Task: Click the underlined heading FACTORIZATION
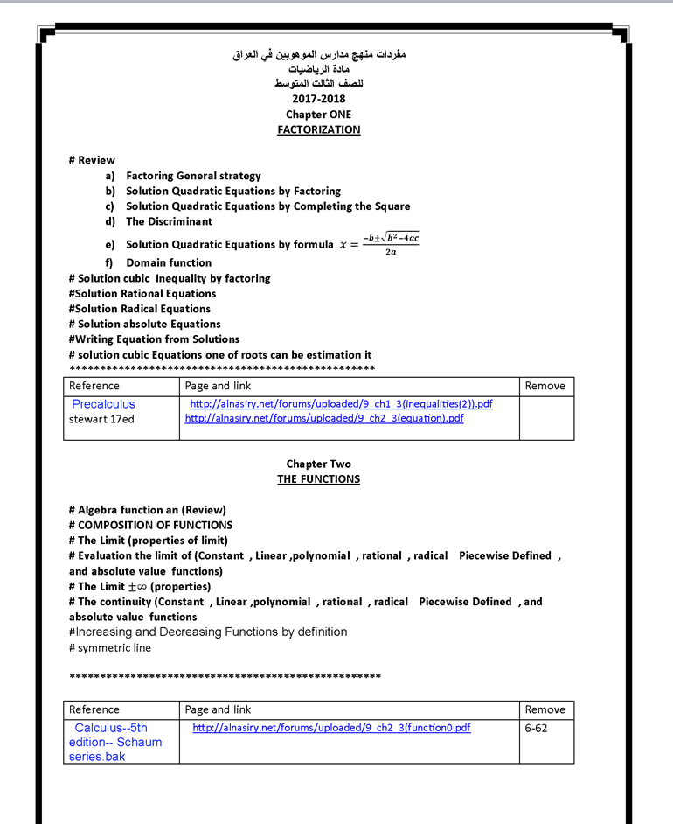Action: pos(318,129)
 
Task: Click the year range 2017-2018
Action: pos(318,99)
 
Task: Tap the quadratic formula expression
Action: pos(379,244)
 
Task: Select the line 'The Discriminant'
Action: pos(169,221)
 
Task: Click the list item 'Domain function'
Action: pos(169,262)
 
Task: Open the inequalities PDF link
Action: pos(341,404)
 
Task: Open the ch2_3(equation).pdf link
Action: pos(324,418)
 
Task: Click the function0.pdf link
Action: pos(330,727)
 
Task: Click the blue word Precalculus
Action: pos(103,404)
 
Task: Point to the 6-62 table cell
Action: pos(536,728)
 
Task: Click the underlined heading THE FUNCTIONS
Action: pos(318,479)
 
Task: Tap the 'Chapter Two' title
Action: pos(318,464)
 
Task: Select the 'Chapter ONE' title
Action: pos(318,115)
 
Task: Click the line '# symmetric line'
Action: pos(109,648)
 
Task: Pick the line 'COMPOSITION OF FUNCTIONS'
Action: pos(155,526)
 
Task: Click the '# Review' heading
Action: pos(92,160)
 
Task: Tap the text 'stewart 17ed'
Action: pos(101,419)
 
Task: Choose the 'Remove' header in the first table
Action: pos(545,386)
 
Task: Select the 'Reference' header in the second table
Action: pos(94,709)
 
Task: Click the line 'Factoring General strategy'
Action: pos(193,176)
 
